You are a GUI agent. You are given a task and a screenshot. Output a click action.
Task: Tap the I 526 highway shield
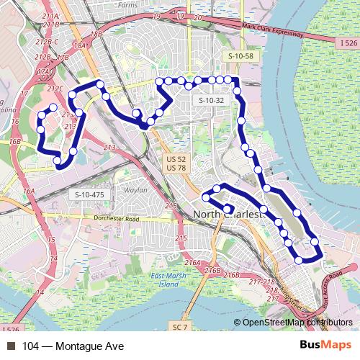[x=346, y=44]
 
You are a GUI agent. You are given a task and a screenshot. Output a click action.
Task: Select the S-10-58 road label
[x=241, y=55]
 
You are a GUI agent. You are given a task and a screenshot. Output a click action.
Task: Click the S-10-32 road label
[x=212, y=100]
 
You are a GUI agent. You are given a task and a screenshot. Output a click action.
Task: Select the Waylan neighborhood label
[x=135, y=191]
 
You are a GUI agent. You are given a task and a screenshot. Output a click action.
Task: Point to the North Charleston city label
[x=229, y=215]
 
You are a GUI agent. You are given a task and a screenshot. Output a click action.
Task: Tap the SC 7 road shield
[x=180, y=328]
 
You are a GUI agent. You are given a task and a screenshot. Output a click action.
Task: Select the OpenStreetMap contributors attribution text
[x=297, y=323]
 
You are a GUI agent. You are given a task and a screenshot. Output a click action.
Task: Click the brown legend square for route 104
[x=10, y=346]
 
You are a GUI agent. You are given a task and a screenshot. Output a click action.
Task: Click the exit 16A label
[x=29, y=191]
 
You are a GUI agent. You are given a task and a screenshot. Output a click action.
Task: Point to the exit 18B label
[x=96, y=34]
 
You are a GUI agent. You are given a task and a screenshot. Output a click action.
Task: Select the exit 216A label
[x=193, y=262]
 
